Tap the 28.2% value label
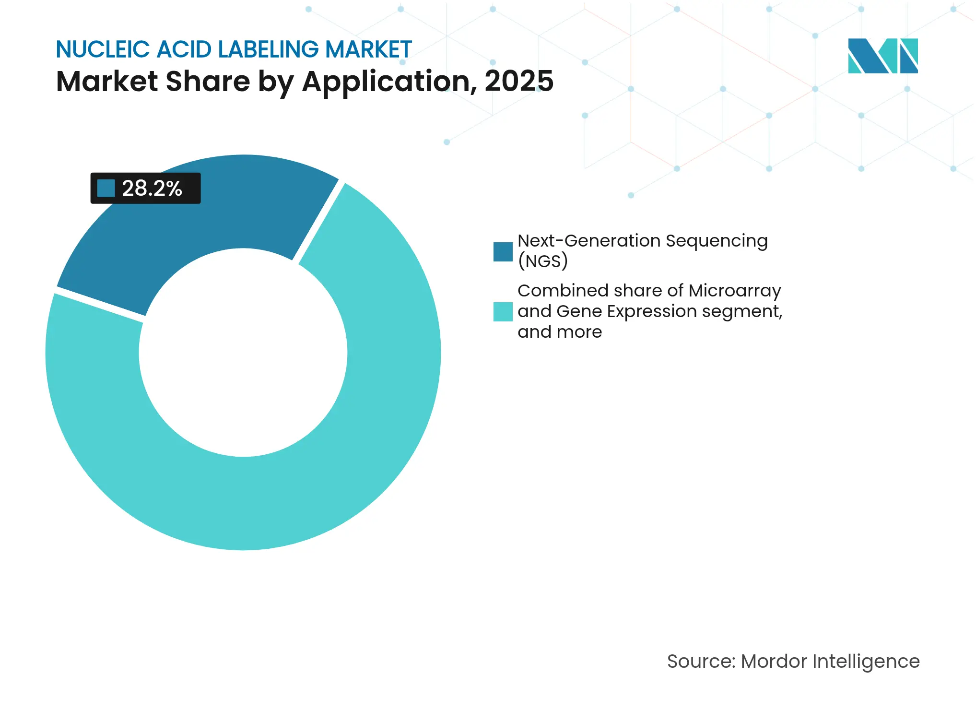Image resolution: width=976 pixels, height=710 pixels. click(x=152, y=188)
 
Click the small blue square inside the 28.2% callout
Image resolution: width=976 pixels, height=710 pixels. click(x=106, y=188)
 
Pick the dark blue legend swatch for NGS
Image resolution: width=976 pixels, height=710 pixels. click(x=503, y=252)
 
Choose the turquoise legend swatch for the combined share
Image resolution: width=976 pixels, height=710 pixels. click(x=503, y=311)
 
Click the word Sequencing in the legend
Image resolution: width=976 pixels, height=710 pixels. click(x=717, y=241)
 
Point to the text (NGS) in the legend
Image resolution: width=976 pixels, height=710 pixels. click(x=542, y=261)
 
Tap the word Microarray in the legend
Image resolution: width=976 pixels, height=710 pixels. click(x=734, y=291)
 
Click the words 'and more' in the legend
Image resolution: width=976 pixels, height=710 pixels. click(x=559, y=332)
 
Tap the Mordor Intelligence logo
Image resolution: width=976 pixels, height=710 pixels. click(x=882, y=56)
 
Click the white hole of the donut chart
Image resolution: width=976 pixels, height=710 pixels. click(x=243, y=353)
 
